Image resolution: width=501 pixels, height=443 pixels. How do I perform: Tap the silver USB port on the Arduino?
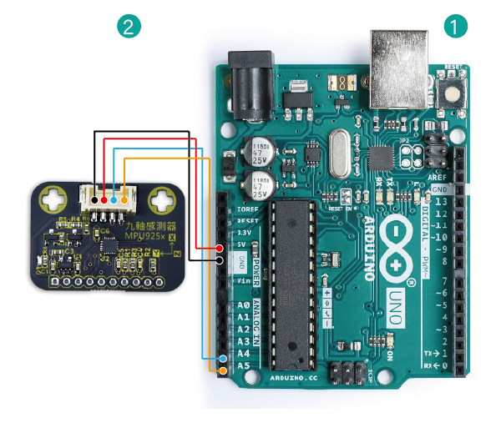[399, 58]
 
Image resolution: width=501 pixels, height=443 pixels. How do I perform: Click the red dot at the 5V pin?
[219, 249]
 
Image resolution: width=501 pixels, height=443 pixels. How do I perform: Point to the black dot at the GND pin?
[219, 260]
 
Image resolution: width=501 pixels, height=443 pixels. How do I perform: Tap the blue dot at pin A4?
[222, 359]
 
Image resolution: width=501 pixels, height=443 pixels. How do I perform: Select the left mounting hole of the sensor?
[55, 199]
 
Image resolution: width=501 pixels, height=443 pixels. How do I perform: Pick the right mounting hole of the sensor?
[160, 199]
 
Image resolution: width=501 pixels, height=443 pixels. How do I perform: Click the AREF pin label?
[438, 180]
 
